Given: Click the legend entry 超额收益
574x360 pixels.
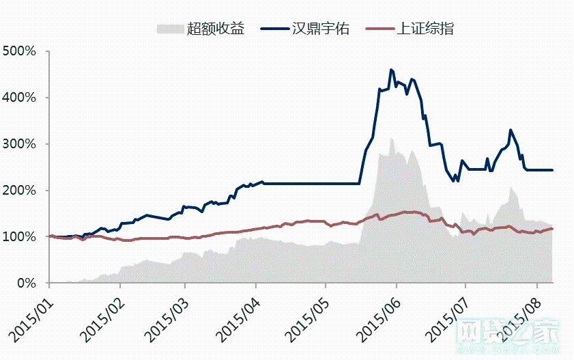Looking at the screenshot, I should [214, 29].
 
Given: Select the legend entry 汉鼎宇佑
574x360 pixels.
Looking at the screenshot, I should [321, 29].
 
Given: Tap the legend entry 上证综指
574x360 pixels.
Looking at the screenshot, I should [426, 29].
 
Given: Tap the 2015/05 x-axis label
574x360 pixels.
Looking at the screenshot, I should [306, 316].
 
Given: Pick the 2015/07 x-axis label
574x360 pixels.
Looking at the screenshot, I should [445, 316].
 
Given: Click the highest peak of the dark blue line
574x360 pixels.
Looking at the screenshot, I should [391, 70].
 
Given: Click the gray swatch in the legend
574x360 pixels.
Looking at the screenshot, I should [170, 29].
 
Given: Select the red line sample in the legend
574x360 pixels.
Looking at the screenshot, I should [379, 29].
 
